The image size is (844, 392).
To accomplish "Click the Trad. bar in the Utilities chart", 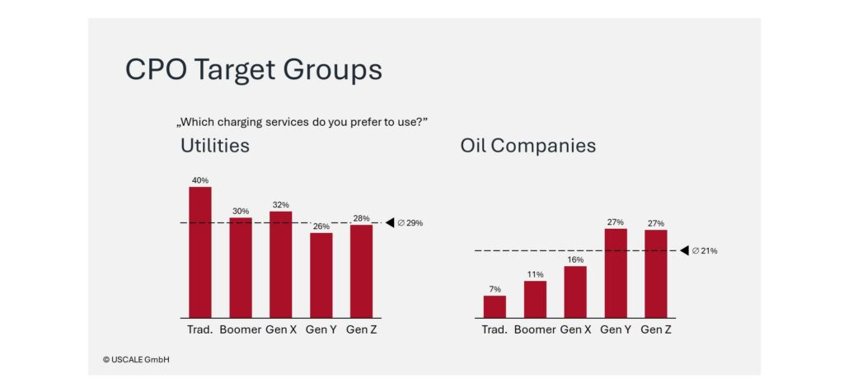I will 200,252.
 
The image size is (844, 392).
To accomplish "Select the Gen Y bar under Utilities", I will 321,275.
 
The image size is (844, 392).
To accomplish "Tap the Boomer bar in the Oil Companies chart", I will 535,299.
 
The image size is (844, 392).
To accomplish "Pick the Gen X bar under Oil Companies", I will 575,292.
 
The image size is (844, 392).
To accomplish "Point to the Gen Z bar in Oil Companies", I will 655,273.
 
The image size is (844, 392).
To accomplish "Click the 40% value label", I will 200,180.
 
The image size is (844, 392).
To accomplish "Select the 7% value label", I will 495,288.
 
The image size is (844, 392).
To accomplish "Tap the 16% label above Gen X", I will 575,259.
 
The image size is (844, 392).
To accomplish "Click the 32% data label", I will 281,204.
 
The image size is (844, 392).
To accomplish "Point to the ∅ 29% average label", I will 410,223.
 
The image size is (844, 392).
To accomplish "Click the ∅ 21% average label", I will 704,250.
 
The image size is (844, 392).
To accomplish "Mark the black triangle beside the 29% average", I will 390,222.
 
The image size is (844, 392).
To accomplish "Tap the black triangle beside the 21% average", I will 684,250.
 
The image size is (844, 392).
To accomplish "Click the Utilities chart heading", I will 215,147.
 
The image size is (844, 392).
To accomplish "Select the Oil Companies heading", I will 527,147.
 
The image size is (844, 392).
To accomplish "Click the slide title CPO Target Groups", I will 253,70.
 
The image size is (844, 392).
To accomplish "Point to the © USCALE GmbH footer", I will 137,359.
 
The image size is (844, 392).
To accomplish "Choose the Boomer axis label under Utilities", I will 241,330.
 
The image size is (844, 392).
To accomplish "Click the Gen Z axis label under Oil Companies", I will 656,330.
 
